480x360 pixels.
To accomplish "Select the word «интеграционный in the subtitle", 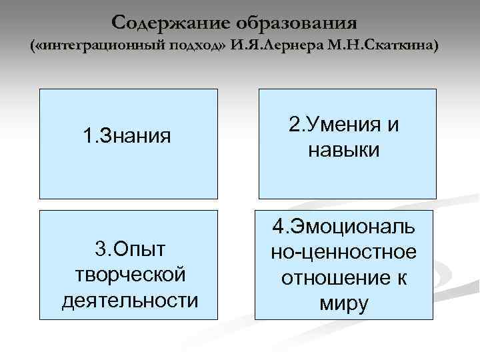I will tap(93, 47).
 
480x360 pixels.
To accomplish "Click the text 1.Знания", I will tap(127, 137).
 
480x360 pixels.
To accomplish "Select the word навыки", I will tap(345, 149).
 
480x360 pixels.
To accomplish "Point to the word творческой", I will tap(130, 275).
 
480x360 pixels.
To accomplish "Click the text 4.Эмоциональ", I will tap(345, 227).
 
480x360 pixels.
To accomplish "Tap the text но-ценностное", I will tap(345, 252).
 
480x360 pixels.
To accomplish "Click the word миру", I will tap(345, 303).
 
